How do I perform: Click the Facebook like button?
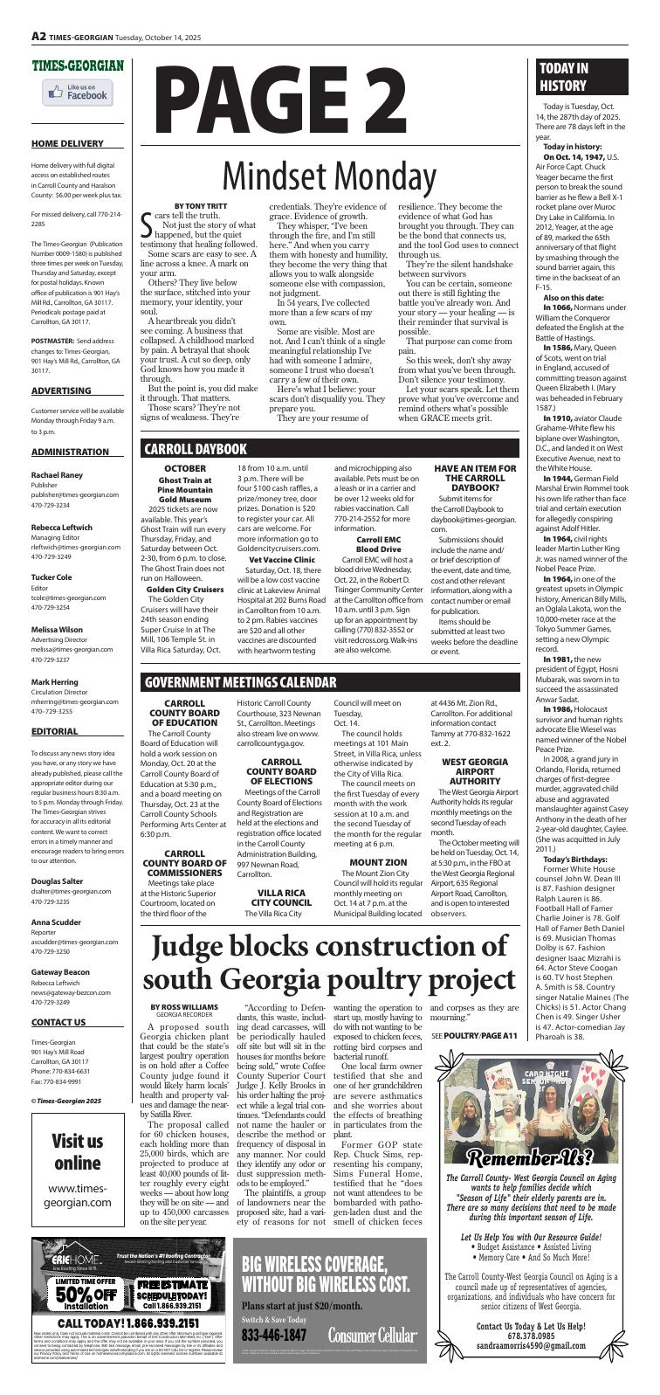click(78, 93)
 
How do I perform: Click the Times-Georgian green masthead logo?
click(78, 66)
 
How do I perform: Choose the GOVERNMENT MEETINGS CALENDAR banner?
click(241, 657)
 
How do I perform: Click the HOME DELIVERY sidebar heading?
click(66, 142)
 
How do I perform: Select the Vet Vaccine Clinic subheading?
click(281, 558)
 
